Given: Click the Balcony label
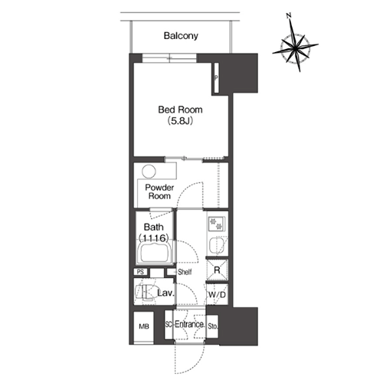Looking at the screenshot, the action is click(x=181, y=36).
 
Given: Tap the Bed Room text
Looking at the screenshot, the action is click(x=180, y=110).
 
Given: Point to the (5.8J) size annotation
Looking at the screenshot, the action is click(x=180, y=121).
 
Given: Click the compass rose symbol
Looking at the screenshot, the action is click(x=295, y=47).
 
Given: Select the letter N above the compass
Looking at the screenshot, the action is click(x=289, y=16).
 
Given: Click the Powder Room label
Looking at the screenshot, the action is click(x=159, y=191).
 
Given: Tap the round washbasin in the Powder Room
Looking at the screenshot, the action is click(x=149, y=172).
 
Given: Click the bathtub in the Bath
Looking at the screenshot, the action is click(x=155, y=254).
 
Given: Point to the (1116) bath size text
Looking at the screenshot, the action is click(x=154, y=238).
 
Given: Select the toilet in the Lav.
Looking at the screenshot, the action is click(x=146, y=292).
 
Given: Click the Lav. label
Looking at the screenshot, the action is click(x=165, y=293).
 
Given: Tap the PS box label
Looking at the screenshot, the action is click(x=140, y=272).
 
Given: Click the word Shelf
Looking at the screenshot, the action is click(x=185, y=272).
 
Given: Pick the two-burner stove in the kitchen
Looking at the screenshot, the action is click(x=216, y=223).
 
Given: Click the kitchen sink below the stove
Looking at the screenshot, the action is click(x=217, y=245).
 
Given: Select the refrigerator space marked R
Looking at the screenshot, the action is click(x=217, y=270).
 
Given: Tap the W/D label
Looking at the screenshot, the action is click(x=218, y=295).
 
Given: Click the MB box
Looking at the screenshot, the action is click(x=144, y=326).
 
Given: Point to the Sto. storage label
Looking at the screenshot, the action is click(x=213, y=326).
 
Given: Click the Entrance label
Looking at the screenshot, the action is click(x=189, y=325).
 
